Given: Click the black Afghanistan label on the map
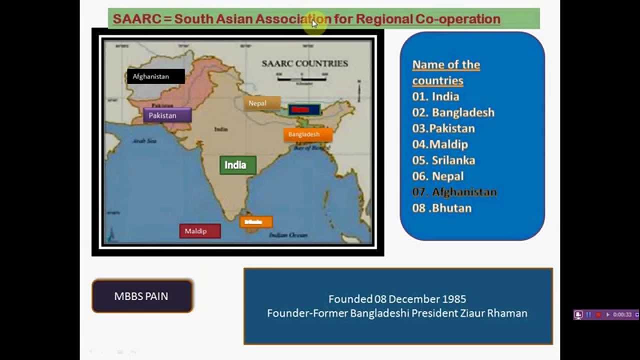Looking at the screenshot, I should [x=155, y=76].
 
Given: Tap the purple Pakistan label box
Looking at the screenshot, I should [x=167, y=115].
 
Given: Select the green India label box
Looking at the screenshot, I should [x=237, y=165].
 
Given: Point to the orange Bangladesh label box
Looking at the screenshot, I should [x=307, y=134].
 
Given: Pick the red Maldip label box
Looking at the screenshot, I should [x=199, y=231].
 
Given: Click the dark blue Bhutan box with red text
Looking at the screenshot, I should [x=304, y=109].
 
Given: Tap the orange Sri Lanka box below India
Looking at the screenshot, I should [x=256, y=222].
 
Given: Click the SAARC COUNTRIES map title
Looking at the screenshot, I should [x=304, y=63].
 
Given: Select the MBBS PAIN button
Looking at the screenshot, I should [x=142, y=296].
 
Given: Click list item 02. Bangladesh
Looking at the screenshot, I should [x=453, y=112].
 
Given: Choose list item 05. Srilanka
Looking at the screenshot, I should [x=443, y=160].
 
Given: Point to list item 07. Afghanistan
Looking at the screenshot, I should [x=454, y=192].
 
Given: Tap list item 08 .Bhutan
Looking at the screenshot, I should [x=441, y=208].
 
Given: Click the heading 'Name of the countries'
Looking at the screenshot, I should [x=445, y=72].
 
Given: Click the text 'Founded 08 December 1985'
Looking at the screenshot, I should [x=397, y=299].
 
